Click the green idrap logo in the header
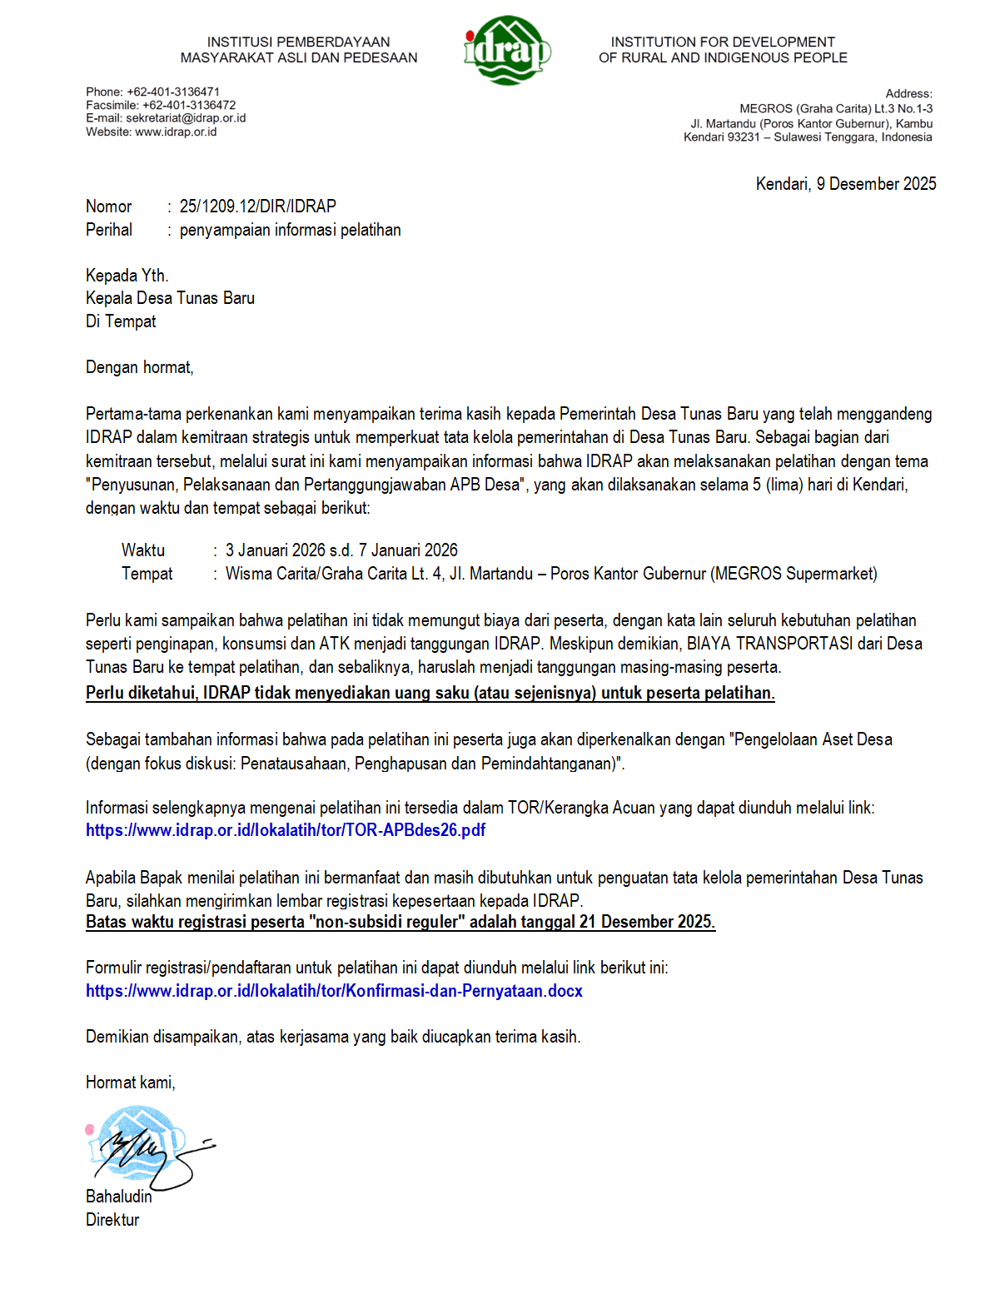tap(506, 50)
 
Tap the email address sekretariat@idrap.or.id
tap(186, 118)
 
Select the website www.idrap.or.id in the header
tap(176, 132)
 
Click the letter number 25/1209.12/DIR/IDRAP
tap(258, 207)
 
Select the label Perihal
tap(109, 230)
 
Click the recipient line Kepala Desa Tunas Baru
tap(170, 298)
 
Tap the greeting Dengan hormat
tap(139, 367)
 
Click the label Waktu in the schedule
tap(143, 550)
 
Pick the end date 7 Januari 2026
tap(408, 550)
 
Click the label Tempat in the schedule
tap(147, 574)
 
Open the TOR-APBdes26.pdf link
tap(286, 830)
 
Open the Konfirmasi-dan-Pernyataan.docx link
tap(334, 991)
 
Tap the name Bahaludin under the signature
tap(119, 1197)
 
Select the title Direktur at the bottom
tap(112, 1220)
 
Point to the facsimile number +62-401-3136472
tap(189, 105)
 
